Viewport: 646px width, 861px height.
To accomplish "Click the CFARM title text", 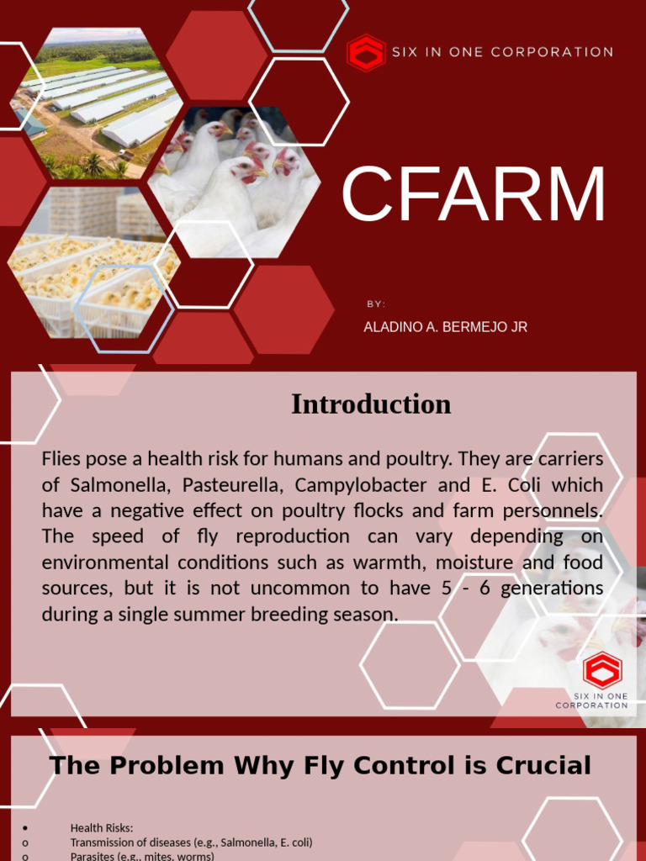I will pos(474,196).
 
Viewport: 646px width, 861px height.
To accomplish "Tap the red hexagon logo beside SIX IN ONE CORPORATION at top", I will pos(366,53).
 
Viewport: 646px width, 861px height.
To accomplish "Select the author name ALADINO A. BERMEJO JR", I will pos(445,327).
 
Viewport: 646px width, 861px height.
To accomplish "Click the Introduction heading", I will pos(371,404).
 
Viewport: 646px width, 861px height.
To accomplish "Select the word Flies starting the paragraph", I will pos(61,459).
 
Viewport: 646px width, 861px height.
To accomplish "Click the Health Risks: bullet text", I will pos(102,828).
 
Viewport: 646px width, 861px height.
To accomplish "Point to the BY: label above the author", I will pos(376,304).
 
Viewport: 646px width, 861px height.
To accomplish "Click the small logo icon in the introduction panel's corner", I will pos(601,670).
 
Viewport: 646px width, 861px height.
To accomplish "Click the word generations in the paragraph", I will pos(552,589).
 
